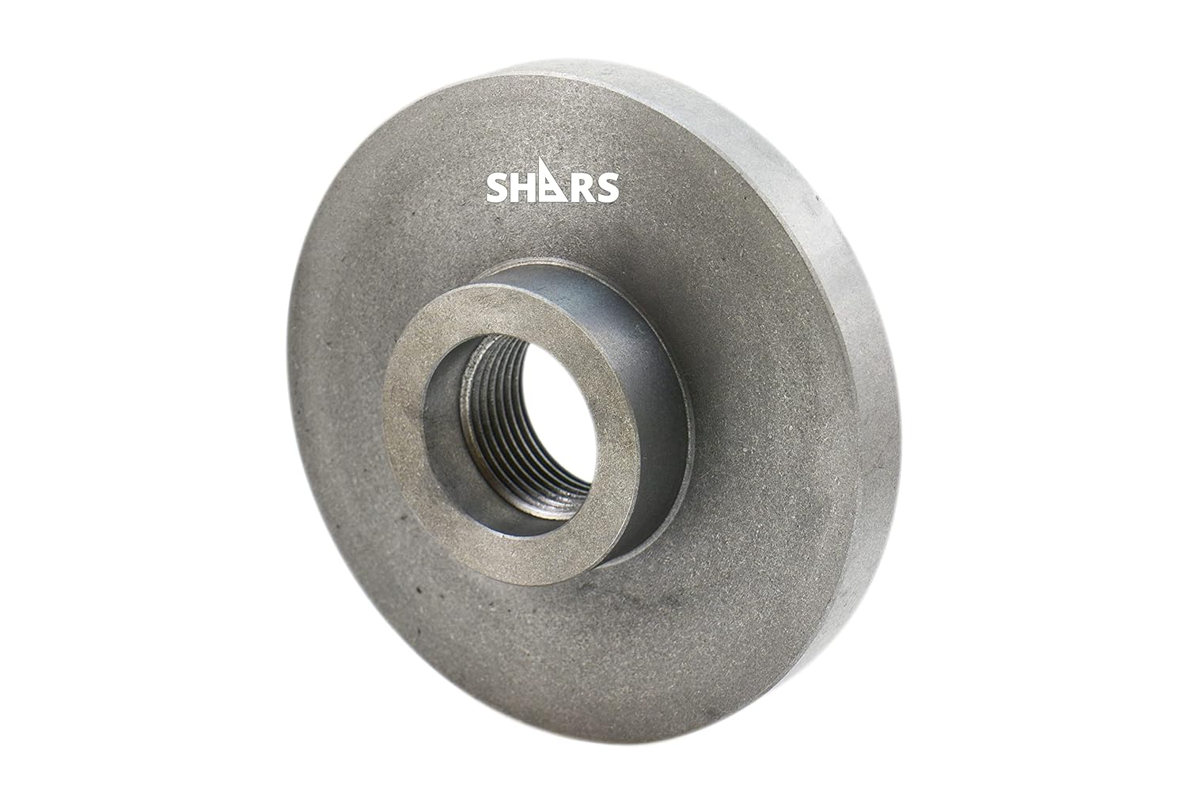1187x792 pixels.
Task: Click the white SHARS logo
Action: (x=552, y=187)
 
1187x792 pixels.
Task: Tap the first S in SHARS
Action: (x=497, y=188)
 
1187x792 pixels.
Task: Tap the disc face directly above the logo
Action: (x=554, y=119)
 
